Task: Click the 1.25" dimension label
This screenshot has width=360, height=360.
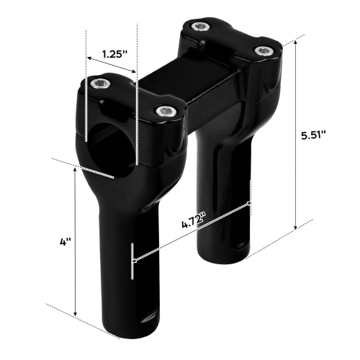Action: pyautogui.click(x=114, y=54)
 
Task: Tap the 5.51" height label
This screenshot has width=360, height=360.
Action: pyautogui.click(x=314, y=135)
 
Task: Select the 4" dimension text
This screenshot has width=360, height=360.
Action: pyautogui.click(x=66, y=242)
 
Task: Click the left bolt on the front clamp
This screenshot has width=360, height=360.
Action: pyautogui.click(x=101, y=84)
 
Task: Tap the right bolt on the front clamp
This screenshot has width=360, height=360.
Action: pyautogui.click(x=166, y=111)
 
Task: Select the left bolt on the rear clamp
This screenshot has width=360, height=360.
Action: pyautogui.click(x=202, y=27)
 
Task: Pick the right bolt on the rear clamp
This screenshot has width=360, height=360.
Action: pyautogui.click(x=264, y=50)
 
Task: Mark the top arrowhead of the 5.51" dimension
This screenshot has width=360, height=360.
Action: pyautogui.click(x=296, y=42)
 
